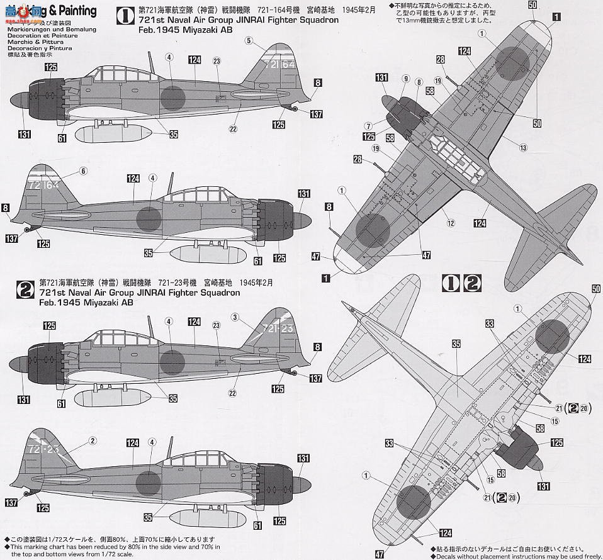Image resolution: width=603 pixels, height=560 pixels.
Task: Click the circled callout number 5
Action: (x=249, y=41)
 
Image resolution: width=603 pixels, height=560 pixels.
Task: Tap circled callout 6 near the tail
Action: (x=83, y=171)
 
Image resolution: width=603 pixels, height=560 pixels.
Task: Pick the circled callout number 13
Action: (x=523, y=147)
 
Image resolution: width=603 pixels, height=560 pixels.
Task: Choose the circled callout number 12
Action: (x=451, y=222)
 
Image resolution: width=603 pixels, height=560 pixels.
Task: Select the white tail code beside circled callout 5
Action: (x=279, y=64)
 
